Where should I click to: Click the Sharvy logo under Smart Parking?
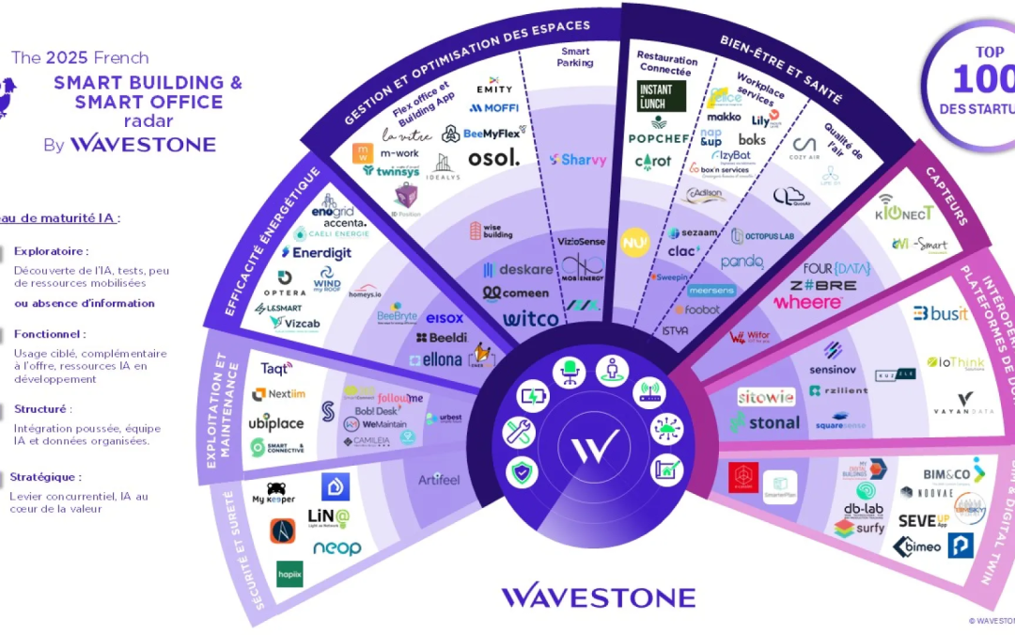coord(578,160)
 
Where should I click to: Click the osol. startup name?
coord(493,158)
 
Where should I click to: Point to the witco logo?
coord(531,319)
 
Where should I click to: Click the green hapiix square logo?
coord(289,574)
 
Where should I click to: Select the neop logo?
coord(336,548)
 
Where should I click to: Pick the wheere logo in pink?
coord(807,302)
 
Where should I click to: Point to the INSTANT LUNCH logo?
coord(662,96)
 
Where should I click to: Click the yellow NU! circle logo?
coord(636,242)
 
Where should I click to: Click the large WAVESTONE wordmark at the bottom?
coord(598,597)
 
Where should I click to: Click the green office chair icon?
coord(569,373)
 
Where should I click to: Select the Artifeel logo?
coord(440,481)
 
